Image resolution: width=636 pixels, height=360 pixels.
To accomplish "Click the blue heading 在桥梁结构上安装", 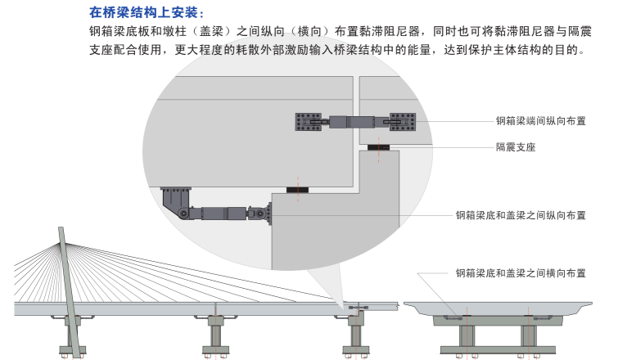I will (143, 14).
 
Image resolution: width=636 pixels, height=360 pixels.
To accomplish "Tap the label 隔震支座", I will (516, 148).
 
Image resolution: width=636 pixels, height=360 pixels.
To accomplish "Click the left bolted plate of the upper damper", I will (309, 122).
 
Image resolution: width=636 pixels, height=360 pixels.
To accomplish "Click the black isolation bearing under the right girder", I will (379, 147).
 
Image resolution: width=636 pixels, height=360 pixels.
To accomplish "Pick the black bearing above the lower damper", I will (298, 190).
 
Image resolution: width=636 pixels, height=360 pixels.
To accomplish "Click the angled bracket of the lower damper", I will (175, 200).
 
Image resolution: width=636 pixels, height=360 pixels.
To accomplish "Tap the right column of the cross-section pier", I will (529, 335).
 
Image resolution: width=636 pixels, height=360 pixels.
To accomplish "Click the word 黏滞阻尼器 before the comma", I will (384, 32).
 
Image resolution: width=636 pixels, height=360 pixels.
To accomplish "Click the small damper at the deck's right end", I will (358, 308).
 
